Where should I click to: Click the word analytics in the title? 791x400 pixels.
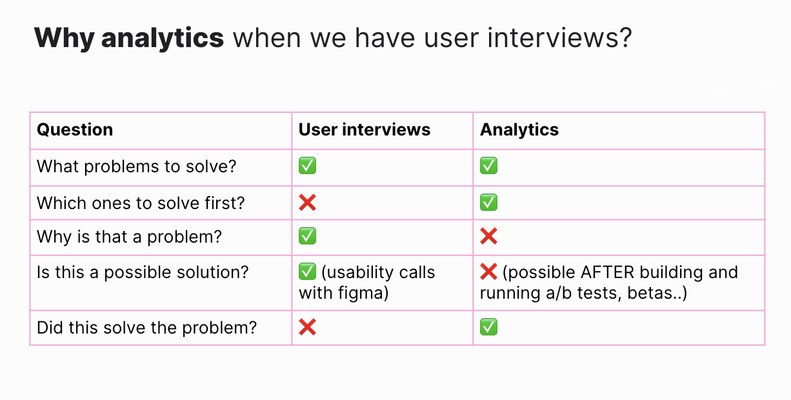(x=163, y=39)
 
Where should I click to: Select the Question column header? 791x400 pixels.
(x=75, y=130)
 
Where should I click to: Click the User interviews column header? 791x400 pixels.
(x=364, y=130)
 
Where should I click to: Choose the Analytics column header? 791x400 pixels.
(x=519, y=130)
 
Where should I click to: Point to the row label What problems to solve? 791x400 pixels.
(x=137, y=166)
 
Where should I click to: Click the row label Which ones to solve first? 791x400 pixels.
(x=141, y=203)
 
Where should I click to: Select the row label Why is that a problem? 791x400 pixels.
(x=129, y=237)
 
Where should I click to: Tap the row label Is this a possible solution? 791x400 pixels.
(x=143, y=272)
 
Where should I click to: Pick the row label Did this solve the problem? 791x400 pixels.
(x=146, y=328)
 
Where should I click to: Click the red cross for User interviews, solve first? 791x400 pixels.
(x=308, y=203)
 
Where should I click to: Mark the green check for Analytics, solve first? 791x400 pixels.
(x=489, y=203)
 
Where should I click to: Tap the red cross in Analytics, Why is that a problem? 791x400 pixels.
(x=489, y=237)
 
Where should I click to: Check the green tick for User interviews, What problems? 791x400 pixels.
(x=308, y=166)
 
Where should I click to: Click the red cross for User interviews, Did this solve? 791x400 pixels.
(x=308, y=328)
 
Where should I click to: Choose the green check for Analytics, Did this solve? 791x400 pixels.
(x=489, y=328)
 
